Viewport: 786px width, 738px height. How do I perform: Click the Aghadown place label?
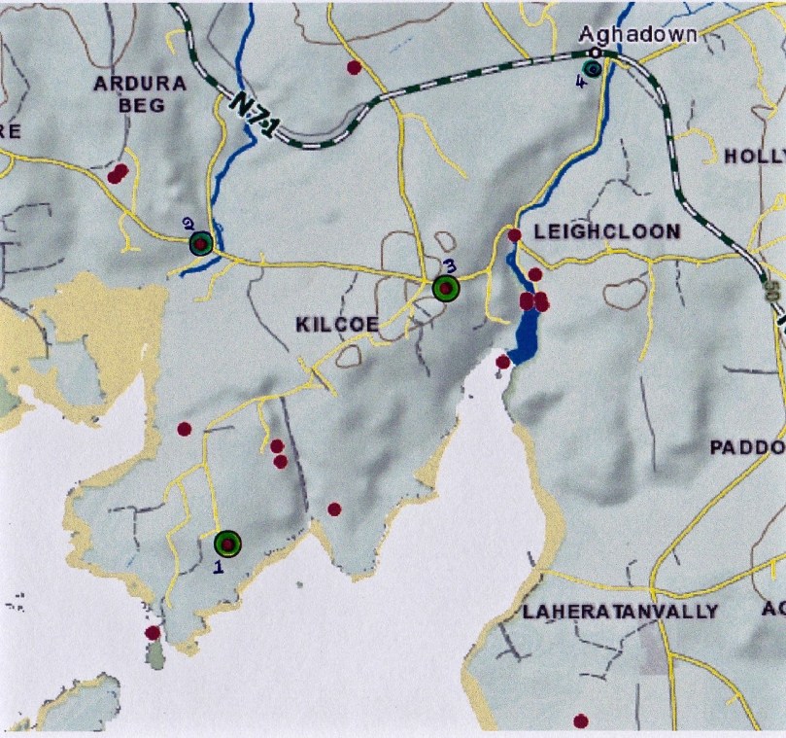(x=638, y=34)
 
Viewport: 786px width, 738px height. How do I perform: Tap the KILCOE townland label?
(x=335, y=325)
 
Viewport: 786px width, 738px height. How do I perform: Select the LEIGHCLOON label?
(x=607, y=232)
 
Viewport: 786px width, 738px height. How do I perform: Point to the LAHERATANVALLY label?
(x=620, y=612)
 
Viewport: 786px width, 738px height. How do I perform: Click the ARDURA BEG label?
(x=140, y=93)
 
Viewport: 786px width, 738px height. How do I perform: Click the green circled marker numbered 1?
(x=227, y=544)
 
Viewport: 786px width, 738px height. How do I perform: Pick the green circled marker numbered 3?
(x=445, y=288)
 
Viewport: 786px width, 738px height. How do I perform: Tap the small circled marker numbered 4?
(x=593, y=67)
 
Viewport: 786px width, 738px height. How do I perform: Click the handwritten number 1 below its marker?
(x=219, y=567)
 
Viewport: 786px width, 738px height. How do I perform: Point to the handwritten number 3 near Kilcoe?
(x=448, y=265)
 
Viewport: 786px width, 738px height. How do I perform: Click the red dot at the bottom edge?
(x=581, y=720)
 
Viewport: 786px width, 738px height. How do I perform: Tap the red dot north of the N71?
(x=355, y=67)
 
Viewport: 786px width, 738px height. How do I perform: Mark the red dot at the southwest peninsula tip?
(x=153, y=633)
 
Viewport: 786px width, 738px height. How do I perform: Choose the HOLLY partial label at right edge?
(x=755, y=157)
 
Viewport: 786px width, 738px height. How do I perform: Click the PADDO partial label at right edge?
(x=747, y=447)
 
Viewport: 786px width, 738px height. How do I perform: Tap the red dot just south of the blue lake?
(x=502, y=362)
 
